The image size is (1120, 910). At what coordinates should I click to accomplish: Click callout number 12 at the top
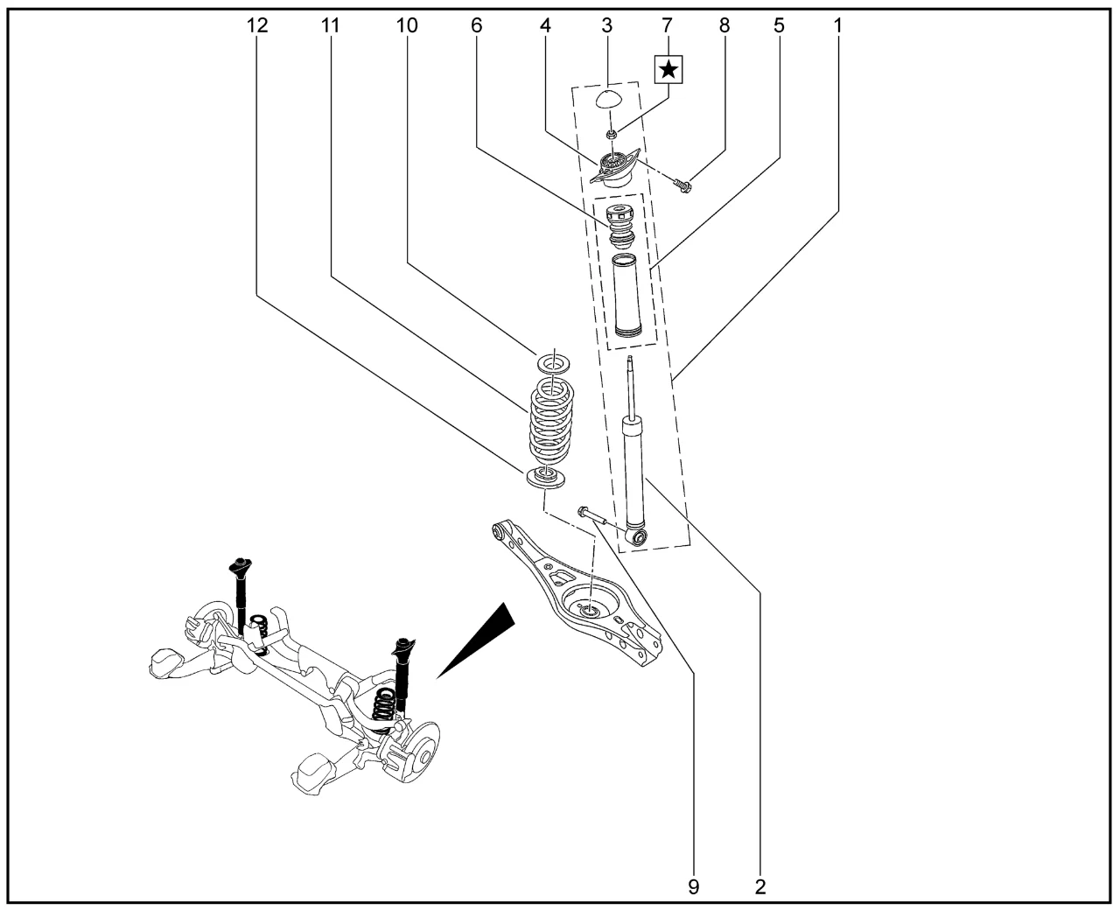(256, 26)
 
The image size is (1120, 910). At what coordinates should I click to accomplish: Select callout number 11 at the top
(330, 26)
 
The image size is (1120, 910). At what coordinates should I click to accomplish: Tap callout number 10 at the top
(407, 26)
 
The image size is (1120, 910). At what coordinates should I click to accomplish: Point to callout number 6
(476, 26)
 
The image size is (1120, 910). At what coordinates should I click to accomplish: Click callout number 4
(545, 26)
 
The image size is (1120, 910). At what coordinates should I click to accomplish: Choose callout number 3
(606, 26)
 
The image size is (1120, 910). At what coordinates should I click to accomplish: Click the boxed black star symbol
(668, 68)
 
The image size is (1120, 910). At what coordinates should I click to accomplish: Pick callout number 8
(724, 26)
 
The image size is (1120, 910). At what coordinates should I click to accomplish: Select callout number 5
(779, 26)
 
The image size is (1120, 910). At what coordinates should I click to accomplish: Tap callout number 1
(837, 26)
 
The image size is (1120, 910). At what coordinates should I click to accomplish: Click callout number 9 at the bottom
(693, 886)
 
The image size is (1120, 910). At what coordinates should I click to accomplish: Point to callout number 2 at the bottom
(759, 886)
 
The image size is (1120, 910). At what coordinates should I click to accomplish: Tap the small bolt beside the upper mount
(682, 184)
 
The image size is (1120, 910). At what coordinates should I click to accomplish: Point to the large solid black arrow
(477, 639)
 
